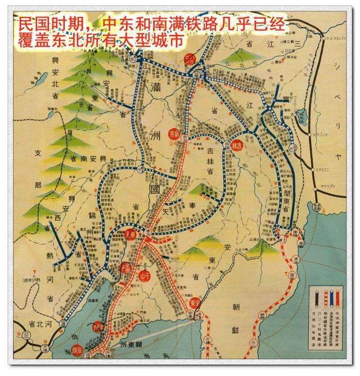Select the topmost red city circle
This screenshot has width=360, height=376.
tap(190, 58)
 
